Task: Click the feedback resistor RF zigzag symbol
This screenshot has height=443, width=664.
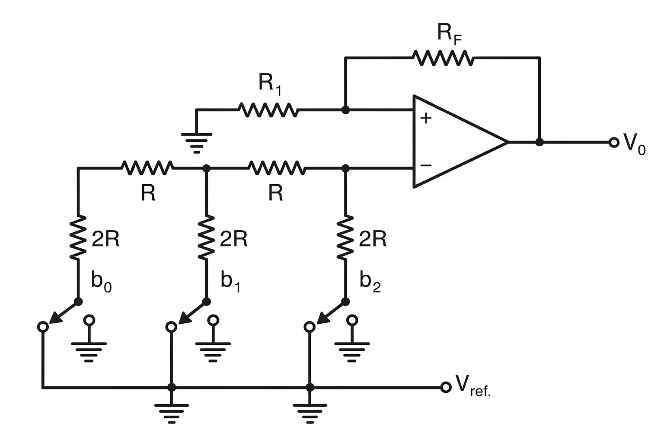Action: [443, 58]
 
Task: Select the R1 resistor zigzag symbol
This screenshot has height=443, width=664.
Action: [268, 110]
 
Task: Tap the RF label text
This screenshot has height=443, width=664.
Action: [449, 34]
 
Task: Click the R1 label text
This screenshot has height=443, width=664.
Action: [270, 83]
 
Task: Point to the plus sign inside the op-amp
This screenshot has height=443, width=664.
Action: [426, 118]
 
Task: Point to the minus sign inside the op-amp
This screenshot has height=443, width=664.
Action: [426, 165]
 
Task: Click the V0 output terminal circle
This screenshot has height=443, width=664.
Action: [613, 142]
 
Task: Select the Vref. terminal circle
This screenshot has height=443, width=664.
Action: [446, 387]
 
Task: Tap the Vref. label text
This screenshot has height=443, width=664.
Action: [473, 385]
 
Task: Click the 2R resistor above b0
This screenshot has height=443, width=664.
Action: [78, 238]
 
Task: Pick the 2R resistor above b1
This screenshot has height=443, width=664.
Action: [207, 238]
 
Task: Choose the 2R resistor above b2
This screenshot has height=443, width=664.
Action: [345, 238]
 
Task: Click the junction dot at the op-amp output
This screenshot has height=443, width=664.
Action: [539, 142]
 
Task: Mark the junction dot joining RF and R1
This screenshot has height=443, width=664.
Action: [345, 110]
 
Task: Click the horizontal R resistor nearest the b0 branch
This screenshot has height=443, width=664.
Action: [147, 167]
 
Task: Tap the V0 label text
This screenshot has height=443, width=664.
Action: [634, 144]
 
